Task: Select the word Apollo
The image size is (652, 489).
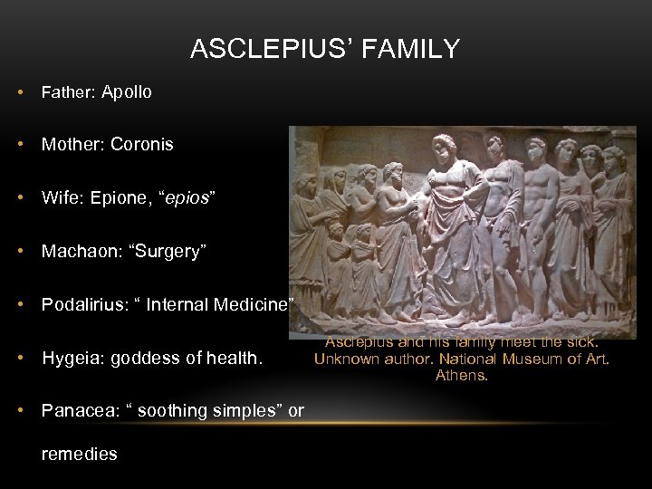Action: click(127, 92)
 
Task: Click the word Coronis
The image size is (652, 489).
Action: click(142, 145)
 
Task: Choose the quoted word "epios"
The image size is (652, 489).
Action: click(186, 198)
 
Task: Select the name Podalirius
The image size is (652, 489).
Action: click(82, 305)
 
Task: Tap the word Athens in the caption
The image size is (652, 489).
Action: click(462, 375)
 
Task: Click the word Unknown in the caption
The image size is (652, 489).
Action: click(345, 359)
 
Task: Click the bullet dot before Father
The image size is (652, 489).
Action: click(19, 92)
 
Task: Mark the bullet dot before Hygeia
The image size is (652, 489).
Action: click(19, 359)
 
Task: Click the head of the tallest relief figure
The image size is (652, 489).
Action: click(445, 145)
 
